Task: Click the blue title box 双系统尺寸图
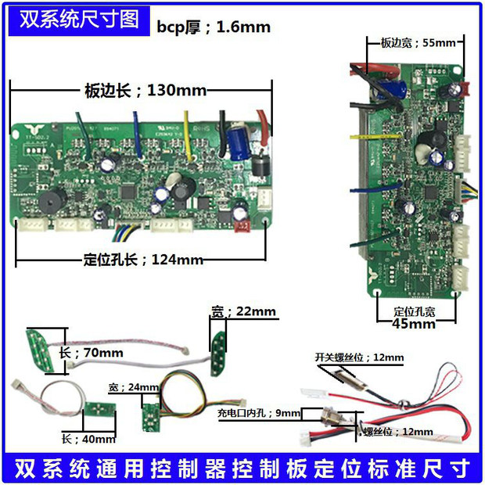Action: [74, 19]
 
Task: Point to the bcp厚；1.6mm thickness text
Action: [214, 27]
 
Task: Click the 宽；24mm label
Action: [135, 387]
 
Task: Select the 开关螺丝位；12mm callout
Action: [359, 357]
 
